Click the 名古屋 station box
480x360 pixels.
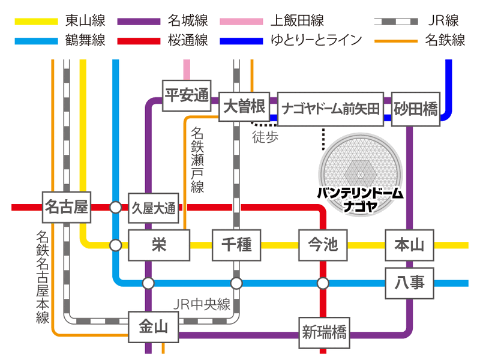[x=67, y=207]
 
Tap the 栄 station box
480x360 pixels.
[x=159, y=245]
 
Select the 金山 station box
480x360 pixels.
[x=154, y=327]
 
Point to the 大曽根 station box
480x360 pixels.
[x=244, y=107]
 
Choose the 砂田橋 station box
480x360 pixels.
[x=416, y=109]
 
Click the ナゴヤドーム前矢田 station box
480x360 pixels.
[x=331, y=109]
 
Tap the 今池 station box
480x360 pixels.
[x=323, y=245]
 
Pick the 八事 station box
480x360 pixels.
[x=410, y=283]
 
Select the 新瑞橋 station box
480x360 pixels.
[x=324, y=333]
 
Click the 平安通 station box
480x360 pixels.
[x=187, y=95]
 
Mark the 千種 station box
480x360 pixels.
[x=236, y=245]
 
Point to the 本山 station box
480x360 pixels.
[x=410, y=245]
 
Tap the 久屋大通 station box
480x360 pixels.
[x=154, y=208]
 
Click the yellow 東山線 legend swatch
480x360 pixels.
[x=37, y=22]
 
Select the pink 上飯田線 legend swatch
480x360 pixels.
[x=241, y=22]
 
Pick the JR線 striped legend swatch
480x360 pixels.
[x=396, y=22]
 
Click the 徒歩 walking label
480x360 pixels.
[x=265, y=137]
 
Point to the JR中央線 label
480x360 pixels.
[x=202, y=304]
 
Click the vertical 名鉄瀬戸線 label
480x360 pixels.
[x=197, y=160]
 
